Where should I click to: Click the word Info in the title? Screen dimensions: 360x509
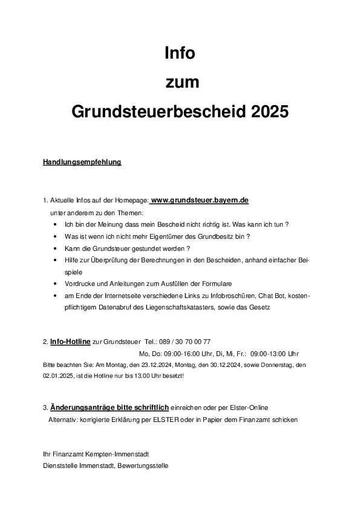180,53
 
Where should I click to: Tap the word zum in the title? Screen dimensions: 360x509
180,82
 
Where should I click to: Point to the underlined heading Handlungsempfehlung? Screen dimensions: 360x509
82,162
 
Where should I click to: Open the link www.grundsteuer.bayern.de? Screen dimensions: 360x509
200,199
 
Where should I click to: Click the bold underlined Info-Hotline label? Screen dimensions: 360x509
70,342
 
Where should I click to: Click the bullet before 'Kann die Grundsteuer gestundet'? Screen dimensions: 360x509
55,248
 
